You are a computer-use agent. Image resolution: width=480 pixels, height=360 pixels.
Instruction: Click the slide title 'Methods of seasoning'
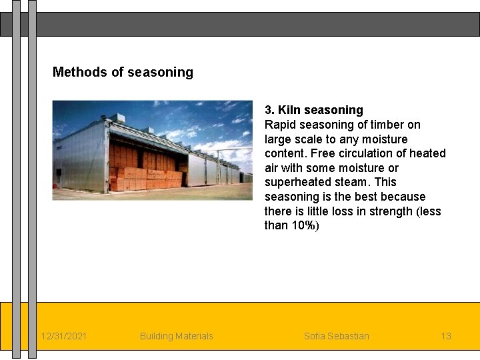coord(123,72)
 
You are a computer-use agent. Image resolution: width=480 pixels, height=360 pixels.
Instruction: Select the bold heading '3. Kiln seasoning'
coord(314,110)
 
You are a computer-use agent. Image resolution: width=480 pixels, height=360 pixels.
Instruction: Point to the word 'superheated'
coord(296,182)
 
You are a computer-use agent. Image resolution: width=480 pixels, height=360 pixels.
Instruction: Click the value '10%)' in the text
coord(305,225)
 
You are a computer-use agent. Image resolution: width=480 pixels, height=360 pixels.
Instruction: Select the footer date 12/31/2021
coord(63,336)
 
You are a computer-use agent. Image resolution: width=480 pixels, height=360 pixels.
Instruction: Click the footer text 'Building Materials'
coord(177,336)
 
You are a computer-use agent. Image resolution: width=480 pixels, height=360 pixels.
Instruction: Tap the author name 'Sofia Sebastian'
coord(336,336)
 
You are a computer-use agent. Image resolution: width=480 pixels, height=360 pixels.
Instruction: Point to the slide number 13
coord(446,336)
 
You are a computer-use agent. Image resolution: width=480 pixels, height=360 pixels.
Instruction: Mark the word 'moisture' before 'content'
coord(385,139)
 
